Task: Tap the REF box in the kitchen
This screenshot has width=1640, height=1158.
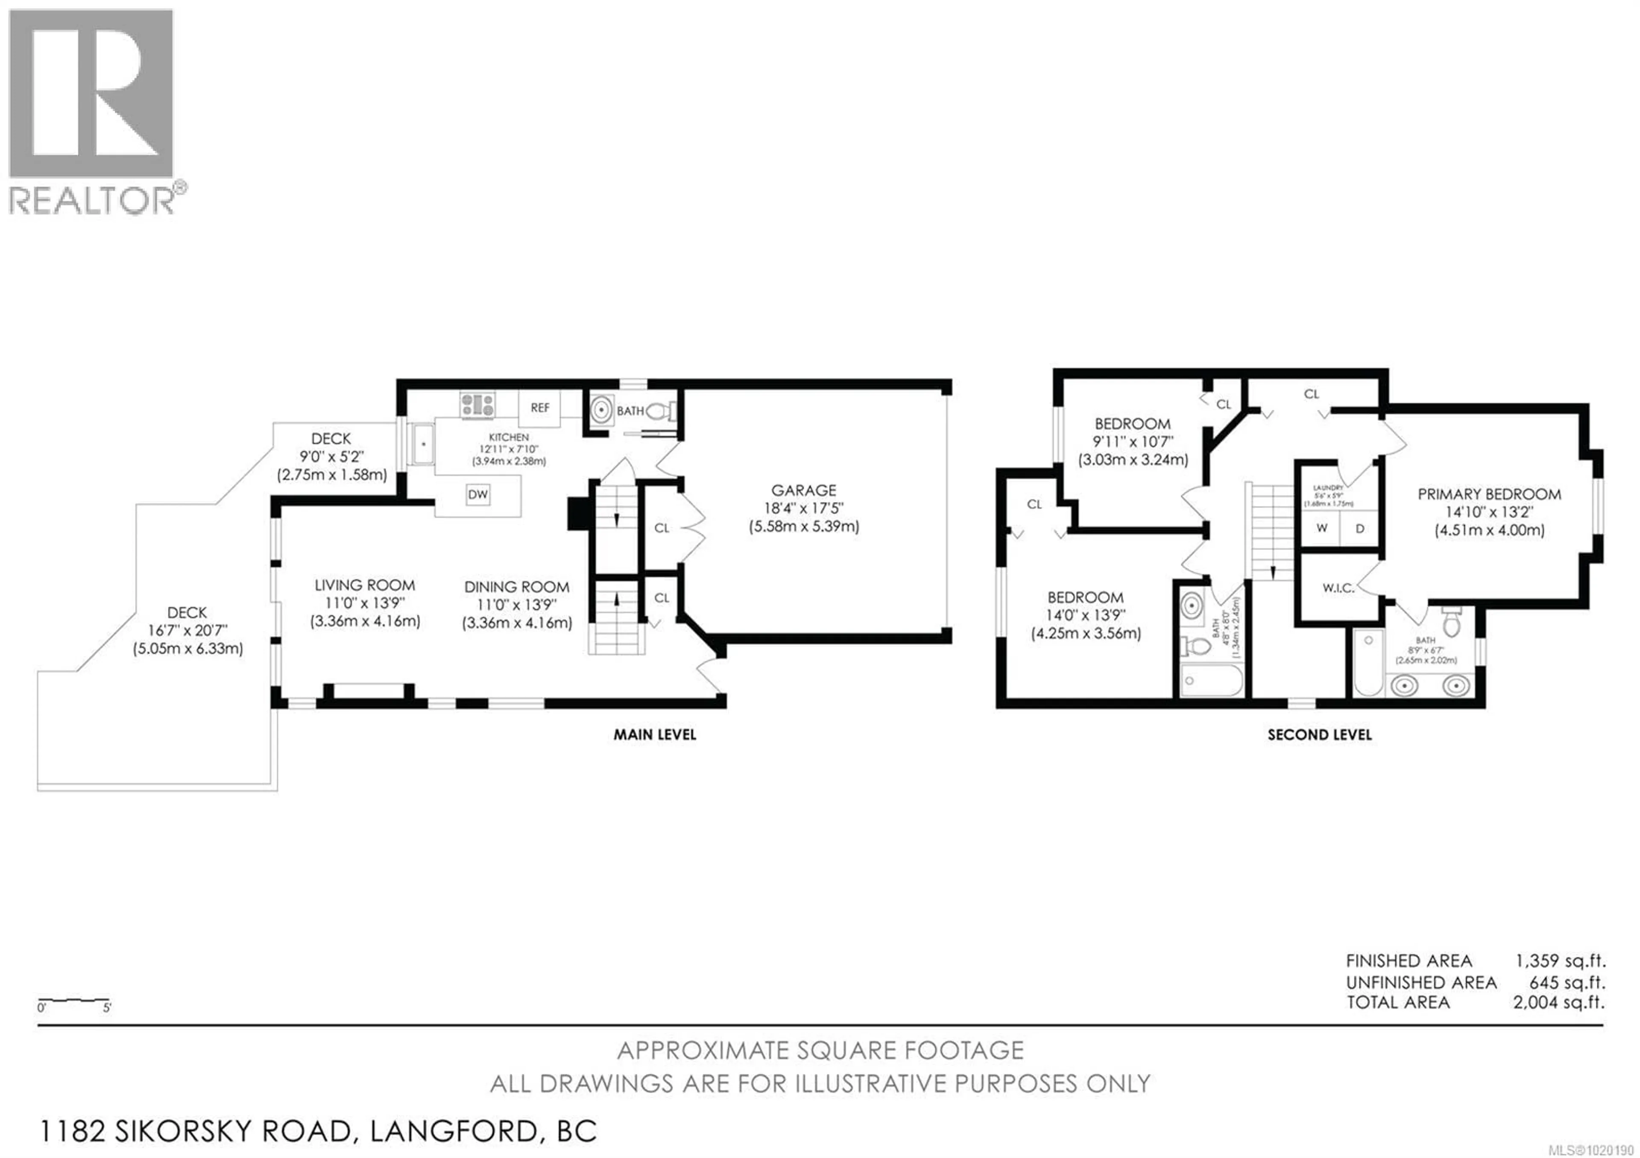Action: click(540, 408)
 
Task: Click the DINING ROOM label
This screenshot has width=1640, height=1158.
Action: click(516, 587)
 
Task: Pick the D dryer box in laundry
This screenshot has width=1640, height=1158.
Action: click(1359, 528)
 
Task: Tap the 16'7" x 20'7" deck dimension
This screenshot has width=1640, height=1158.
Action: click(187, 630)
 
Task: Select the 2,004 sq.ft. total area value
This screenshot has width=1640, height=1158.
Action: click(1558, 1003)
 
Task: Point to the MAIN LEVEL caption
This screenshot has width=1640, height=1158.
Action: click(654, 734)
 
